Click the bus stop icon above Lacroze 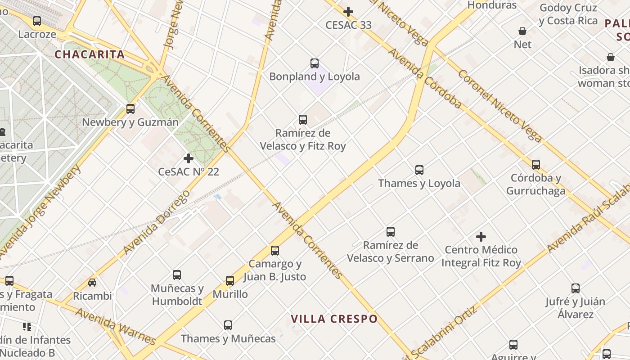coord(37,21)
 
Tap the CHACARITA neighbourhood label coord(90,55)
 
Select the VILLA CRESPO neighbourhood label coord(334,319)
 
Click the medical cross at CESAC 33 coord(348,12)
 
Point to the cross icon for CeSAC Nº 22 coord(189,158)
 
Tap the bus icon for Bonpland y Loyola coord(315,63)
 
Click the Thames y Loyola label coord(419,183)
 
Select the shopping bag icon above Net coord(522,31)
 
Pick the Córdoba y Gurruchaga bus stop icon coord(535,165)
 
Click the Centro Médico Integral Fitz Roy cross coord(481,236)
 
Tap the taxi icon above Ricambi coord(92,283)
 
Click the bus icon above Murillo coord(230,281)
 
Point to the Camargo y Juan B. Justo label coord(275,270)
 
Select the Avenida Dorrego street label coord(157,222)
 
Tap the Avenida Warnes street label coord(116,326)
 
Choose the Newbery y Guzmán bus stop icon coord(130,109)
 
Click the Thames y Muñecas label coord(228,339)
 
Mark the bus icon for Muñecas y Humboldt coord(177,275)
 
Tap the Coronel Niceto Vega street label coord(499,106)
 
